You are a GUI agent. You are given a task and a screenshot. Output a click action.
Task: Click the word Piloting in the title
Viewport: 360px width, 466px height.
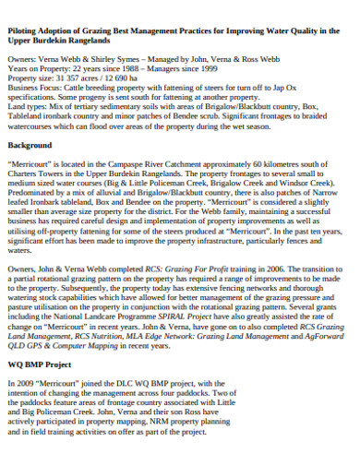pyautogui.click(x=26, y=31)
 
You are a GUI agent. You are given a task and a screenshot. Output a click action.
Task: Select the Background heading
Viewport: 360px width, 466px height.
pyautogui.click(x=30, y=146)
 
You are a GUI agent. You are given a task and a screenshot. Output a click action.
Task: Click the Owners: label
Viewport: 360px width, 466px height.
pyautogui.click(x=23, y=58)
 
